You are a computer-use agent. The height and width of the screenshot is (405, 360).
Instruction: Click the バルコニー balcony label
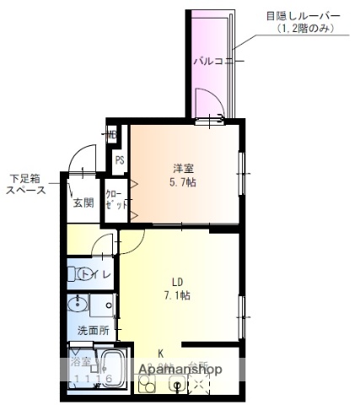click(x=218, y=61)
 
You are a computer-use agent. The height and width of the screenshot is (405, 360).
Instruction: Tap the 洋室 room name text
click(x=184, y=167)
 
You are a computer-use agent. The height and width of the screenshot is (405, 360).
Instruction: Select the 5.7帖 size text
click(x=184, y=181)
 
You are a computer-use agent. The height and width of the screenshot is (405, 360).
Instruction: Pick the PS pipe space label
click(x=120, y=160)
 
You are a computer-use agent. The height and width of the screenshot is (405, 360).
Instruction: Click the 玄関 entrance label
click(x=83, y=202)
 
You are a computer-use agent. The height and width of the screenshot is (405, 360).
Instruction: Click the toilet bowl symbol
click(x=85, y=274)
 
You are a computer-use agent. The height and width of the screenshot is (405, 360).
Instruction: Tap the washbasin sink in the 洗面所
click(x=80, y=305)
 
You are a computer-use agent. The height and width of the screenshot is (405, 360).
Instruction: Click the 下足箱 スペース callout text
click(x=29, y=184)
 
